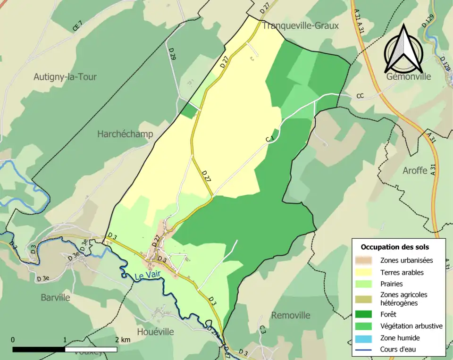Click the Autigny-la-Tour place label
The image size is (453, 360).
pyautogui.click(x=65, y=76)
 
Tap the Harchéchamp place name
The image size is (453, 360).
pyautogui.click(x=125, y=134)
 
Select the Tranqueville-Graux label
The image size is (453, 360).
pyautogui.click(x=301, y=25)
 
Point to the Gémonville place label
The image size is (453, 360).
pyautogui.click(x=409, y=76)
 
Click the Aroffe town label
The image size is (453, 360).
pyautogui.click(x=415, y=170)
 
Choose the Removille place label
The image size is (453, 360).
pyautogui.click(x=291, y=315)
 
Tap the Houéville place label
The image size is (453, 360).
pyautogui.click(x=155, y=332)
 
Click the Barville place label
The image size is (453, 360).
pyautogui.click(x=55, y=298)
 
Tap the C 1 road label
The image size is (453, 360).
pyautogui.click(x=270, y=138)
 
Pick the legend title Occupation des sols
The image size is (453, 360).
pyautogui.click(x=394, y=247)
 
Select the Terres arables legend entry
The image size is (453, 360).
pyautogui.click(x=402, y=272)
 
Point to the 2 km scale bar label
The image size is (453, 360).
pyautogui.click(x=122, y=340)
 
